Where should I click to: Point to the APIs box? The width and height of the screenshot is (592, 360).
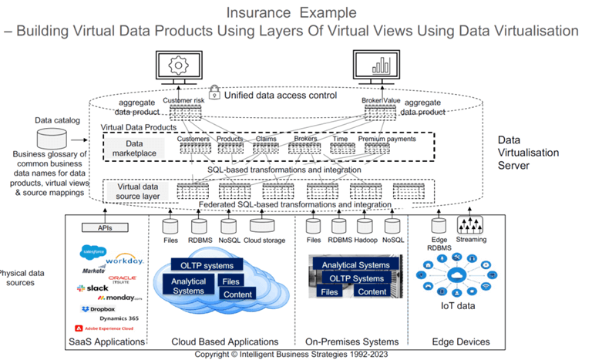[x=107, y=227]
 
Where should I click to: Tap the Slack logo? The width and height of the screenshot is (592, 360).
[x=93, y=288]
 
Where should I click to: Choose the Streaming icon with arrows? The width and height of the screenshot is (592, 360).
[x=471, y=224]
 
